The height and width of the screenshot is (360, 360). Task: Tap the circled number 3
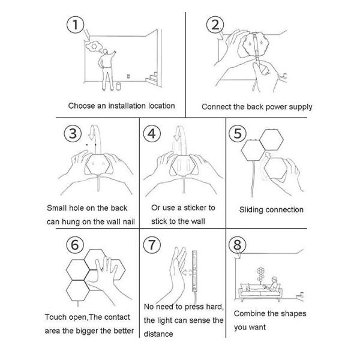tap(73, 133)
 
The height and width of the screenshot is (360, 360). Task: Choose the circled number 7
tap(154, 244)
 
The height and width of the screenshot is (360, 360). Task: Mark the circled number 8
tap(238, 244)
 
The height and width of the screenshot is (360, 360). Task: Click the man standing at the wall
tap(108, 68)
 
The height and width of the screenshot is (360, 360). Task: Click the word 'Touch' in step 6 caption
tap(55, 317)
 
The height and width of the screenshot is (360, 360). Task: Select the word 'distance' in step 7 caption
tap(158, 334)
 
